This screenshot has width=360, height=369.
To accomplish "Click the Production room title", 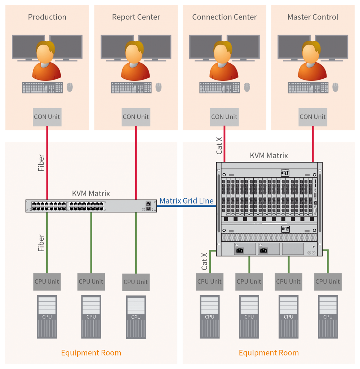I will (47, 17).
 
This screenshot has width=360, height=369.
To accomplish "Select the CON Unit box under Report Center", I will (136, 117).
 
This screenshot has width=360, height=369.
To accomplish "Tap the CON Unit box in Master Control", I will (313, 117).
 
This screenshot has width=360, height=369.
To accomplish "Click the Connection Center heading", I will (225, 17).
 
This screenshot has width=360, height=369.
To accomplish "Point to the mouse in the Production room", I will (70, 87).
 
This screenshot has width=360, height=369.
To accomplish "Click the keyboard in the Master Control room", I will (308, 88).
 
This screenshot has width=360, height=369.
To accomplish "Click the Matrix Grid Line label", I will (187, 201).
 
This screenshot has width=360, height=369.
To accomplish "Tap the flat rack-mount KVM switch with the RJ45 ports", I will (91, 206).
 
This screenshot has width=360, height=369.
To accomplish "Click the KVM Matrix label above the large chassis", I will (269, 156).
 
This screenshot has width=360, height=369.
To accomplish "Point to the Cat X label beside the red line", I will (219, 145).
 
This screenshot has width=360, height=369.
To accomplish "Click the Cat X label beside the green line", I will (205, 261).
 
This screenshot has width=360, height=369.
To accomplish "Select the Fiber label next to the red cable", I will (41, 162).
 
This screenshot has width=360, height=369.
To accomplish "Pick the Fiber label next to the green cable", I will (41, 243).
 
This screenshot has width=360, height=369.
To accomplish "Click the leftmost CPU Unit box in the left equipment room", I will (47, 281).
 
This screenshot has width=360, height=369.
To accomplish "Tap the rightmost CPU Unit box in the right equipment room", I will (328, 281).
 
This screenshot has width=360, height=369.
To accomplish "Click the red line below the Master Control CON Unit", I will (313, 144).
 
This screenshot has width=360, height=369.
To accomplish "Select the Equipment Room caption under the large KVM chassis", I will (269, 353).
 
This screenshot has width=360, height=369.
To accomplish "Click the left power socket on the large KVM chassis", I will (240, 249).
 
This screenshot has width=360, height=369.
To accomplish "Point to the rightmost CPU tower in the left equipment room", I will (136, 317).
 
